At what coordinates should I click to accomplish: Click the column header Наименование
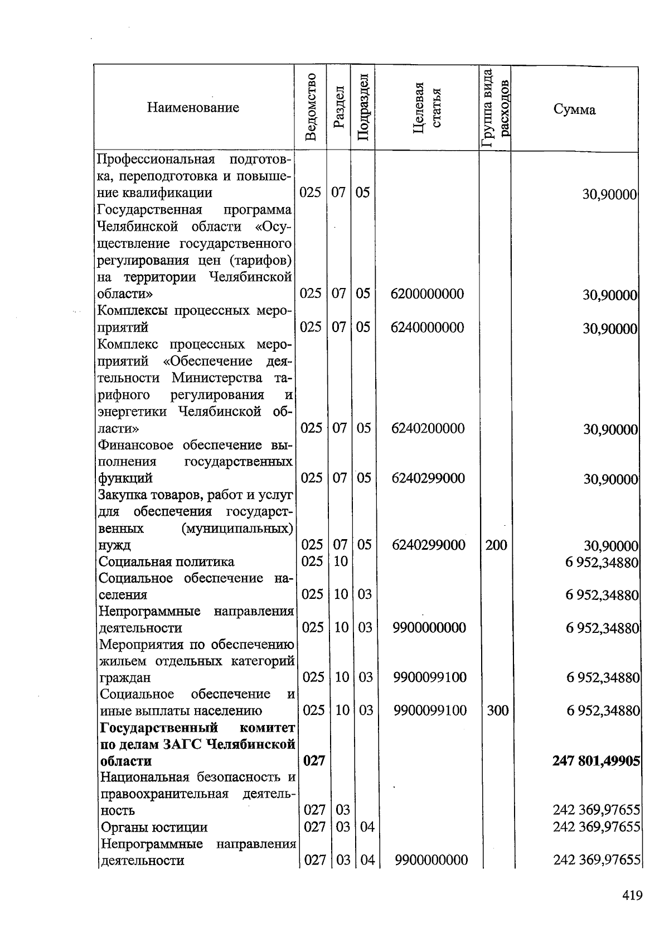coord(193,108)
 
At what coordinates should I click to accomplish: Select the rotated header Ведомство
coord(311,107)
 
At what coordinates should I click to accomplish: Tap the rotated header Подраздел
coord(362,107)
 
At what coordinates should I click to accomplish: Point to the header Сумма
coord(574,109)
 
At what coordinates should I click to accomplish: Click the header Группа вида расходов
coord(495,108)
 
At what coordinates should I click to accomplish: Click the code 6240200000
coord(428,428)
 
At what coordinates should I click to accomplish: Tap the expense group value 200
coord(496,545)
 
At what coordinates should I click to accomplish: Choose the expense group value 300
coord(497,710)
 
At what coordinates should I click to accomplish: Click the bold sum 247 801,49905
coord(596,761)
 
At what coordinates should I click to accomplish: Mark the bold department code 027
coord(314,761)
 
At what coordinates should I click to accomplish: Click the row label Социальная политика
coord(166,561)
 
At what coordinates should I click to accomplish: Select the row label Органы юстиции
coord(154,827)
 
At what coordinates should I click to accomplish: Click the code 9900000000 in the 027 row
coord(431,861)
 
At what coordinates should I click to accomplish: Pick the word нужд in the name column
coord(114,545)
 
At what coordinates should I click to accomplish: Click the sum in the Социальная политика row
coord(602,562)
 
